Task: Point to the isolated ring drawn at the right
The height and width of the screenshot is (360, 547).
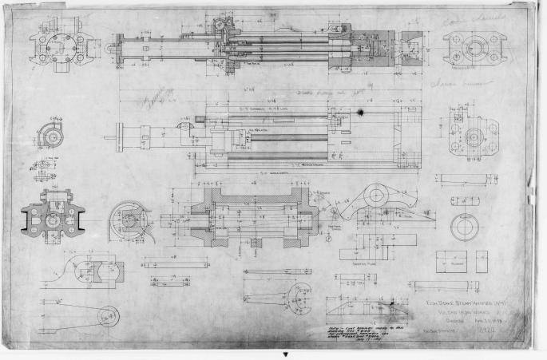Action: click(463, 227)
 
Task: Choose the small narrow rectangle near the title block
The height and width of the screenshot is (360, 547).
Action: click(482, 261)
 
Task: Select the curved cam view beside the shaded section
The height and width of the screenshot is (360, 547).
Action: click(129, 215)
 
